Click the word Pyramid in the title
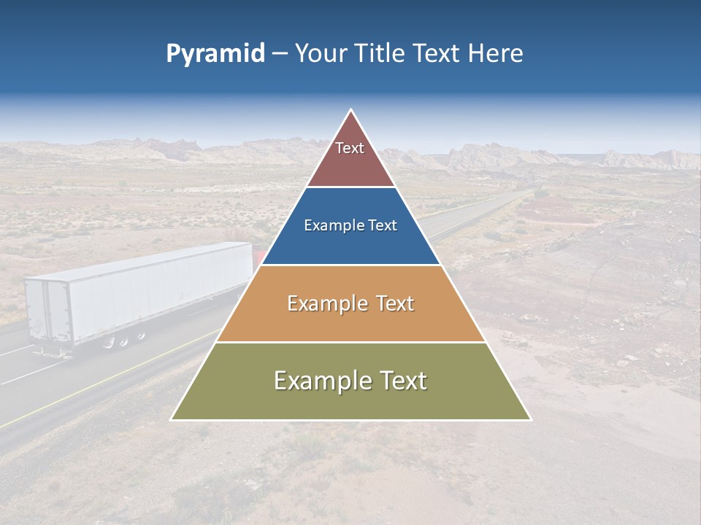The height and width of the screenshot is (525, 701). point(215,54)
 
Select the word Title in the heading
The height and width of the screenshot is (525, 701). point(380,53)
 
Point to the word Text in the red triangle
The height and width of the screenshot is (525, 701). point(350,148)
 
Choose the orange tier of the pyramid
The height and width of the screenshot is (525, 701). point(350,321)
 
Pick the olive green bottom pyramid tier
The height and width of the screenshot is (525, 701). point(350,401)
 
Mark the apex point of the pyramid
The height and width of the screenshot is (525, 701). point(351,110)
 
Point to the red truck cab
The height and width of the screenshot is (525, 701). point(258,259)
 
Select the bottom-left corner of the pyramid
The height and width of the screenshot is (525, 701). point(172,420)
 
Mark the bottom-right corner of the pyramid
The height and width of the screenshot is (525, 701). point(530,420)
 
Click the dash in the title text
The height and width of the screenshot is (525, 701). point(279,55)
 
